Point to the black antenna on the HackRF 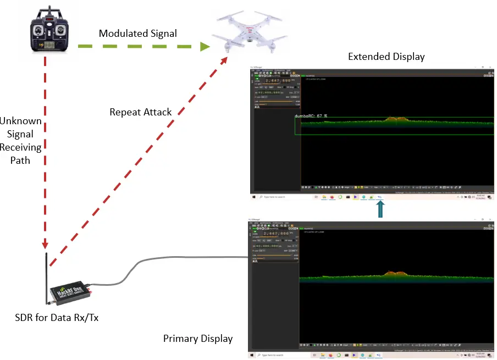click(46, 275)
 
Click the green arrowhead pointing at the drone click(205, 46)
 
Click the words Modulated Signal click(138, 34)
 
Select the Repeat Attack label click(141, 112)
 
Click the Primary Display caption click(198, 339)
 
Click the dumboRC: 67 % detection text click(311, 116)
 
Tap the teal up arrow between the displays click(380, 209)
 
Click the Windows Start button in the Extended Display click(254, 196)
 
